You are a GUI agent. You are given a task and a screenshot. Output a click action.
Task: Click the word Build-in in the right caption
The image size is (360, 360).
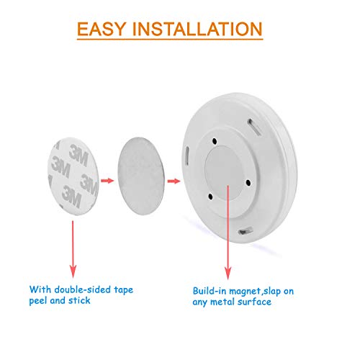[212, 290]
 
